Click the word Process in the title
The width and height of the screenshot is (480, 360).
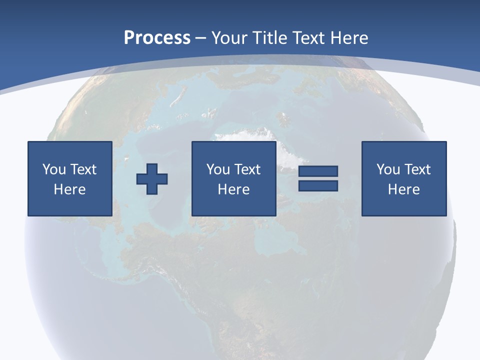point(157,37)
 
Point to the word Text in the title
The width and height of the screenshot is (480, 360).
point(308,37)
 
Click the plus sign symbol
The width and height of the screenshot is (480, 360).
point(152,178)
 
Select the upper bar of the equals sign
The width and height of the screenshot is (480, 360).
point(318,171)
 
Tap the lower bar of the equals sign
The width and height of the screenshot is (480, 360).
point(318,185)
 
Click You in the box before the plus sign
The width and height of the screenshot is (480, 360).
point(53,169)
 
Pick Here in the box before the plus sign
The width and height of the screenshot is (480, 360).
point(69,189)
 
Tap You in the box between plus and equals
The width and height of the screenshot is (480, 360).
point(217,169)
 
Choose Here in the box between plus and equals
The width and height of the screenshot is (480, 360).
point(233,189)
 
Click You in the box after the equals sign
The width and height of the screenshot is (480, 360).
point(387,169)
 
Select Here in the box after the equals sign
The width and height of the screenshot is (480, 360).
point(403,189)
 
